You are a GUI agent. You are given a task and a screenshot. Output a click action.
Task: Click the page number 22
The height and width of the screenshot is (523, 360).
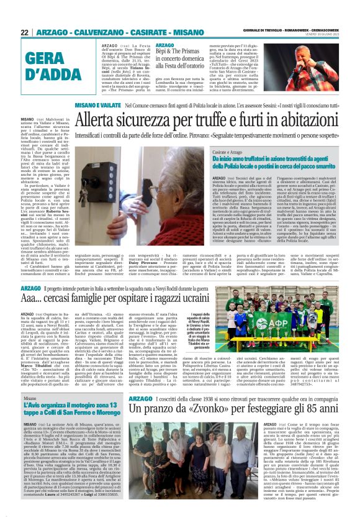point(25,32)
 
